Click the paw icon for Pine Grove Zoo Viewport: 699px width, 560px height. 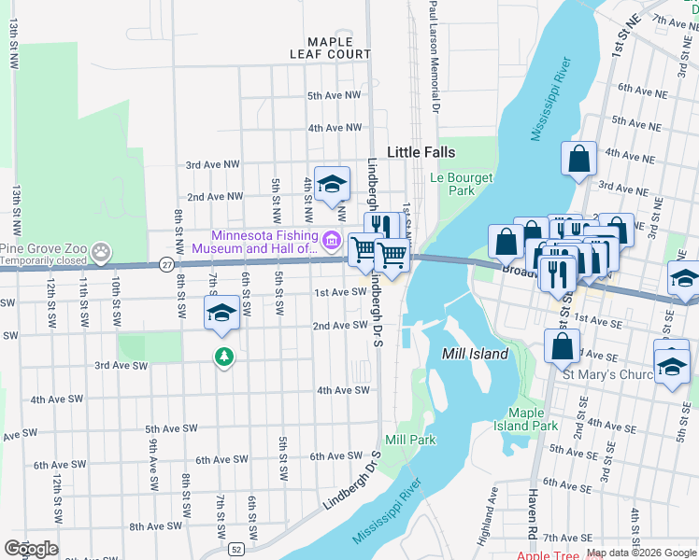point(102,250)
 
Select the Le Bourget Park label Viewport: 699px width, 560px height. point(453,183)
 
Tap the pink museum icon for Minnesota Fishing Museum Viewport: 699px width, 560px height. point(331,243)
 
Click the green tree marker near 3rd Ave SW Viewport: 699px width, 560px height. point(223,357)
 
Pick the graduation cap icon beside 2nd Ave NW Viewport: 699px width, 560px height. point(331,185)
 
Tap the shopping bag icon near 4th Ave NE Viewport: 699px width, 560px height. point(578,159)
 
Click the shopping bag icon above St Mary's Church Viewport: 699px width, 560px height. point(562,344)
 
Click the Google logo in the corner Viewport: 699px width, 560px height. point(31,549)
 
